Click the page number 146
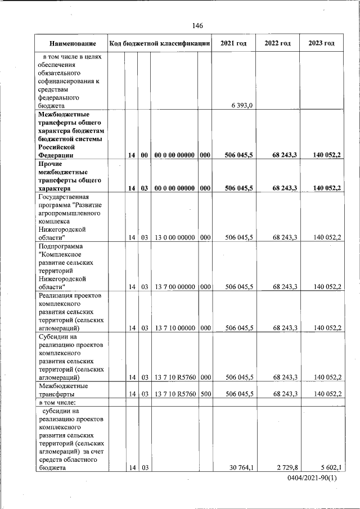[x=197, y=26]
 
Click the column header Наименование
[x=71, y=43]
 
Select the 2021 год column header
[x=233, y=43]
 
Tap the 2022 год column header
[x=277, y=43]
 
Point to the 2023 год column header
[x=321, y=43]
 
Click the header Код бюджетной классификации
[x=160, y=43]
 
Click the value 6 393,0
[x=241, y=105]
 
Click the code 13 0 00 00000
[x=175, y=237]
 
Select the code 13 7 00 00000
[x=175, y=287]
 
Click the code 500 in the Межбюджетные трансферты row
[x=205, y=394]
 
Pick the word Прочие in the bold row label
[x=52, y=163]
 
